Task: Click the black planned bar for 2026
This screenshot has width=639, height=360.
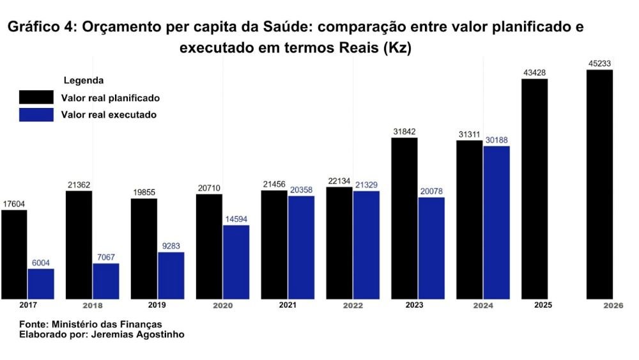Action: [x=599, y=184]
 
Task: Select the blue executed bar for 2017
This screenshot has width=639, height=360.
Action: [x=41, y=283]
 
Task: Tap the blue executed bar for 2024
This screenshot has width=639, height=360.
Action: [x=497, y=222]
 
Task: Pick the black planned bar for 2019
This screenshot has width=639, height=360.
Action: [x=144, y=248]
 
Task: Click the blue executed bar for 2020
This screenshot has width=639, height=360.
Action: [x=236, y=262]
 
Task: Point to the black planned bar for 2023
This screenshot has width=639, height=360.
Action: [x=404, y=218]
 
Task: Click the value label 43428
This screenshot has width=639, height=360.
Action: [x=534, y=73]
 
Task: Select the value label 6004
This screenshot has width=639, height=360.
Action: [x=41, y=263]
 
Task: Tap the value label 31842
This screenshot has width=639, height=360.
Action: [x=404, y=132]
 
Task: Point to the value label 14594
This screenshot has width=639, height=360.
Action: [x=236, y=219]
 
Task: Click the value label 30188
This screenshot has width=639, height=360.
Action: [x=497, y=140]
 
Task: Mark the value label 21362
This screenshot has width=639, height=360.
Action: [x=79, y=185]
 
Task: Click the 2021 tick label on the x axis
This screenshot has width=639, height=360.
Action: [x=288, y=305]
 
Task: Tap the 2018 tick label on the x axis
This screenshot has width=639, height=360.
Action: [x=93, y=306]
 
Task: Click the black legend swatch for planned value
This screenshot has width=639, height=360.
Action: [x=36, y=97]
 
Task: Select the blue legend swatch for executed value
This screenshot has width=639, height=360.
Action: [x=36, y=114]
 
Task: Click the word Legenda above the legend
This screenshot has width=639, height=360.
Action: [x=84, y=81]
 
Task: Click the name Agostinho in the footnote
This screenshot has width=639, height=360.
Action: [x=157, y=334]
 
